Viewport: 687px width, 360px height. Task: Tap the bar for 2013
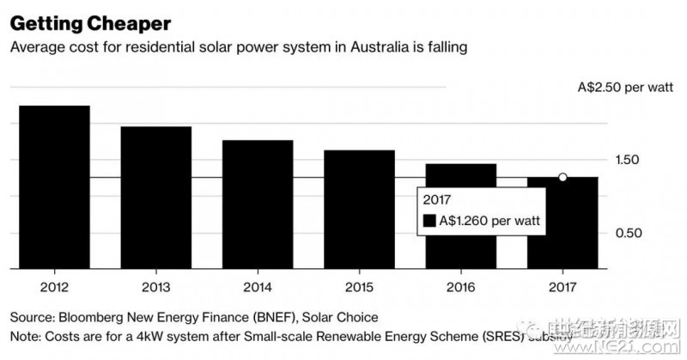click(155, 197)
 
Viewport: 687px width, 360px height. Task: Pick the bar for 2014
click(258, 204)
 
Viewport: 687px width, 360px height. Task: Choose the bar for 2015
click(359, 209)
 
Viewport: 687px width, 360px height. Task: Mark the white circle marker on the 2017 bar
click(562, 177)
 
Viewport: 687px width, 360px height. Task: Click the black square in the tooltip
click(431, 221)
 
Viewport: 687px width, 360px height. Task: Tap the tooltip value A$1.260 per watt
click(491, 221)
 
